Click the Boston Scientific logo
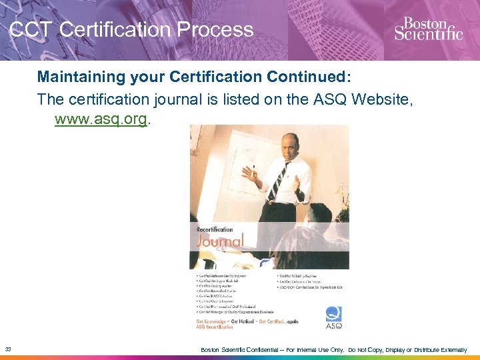coord(428,29)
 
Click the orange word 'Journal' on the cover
coord(220,241)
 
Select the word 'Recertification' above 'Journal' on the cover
coord(215,229)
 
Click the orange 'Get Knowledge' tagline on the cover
coord(213,320)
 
